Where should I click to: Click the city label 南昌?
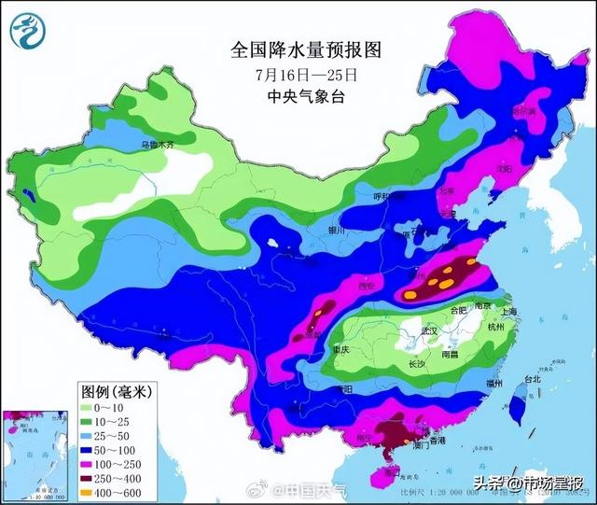point(451,355)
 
